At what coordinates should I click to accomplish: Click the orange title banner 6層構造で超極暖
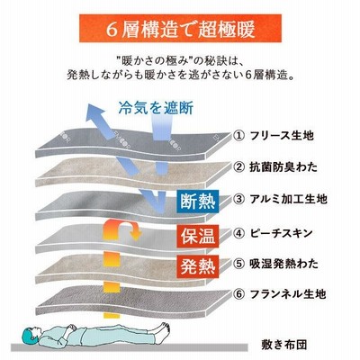[180, 28]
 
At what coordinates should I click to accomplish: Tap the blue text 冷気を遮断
[156, 108]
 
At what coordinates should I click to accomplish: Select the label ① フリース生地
[274, 136]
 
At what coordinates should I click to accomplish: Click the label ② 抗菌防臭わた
[275, 166]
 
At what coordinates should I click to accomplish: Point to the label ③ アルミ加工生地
[280, 199]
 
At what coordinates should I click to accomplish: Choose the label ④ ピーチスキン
[273, 233]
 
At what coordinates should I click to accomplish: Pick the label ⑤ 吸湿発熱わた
[275, 264]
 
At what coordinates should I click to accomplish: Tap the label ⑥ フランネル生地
[279, 293]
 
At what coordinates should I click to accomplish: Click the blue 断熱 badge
[198, 201]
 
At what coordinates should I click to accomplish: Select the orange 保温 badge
[198, 236]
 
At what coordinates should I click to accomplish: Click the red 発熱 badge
[198, 265]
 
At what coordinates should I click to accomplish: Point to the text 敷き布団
[283, 345]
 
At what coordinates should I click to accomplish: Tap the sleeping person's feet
[163, 328]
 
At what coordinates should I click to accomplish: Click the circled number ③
[238, 199]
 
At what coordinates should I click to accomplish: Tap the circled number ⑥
[238, 294]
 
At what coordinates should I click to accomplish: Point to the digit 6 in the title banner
[112, 29]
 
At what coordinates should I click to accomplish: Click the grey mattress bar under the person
[130, 347]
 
